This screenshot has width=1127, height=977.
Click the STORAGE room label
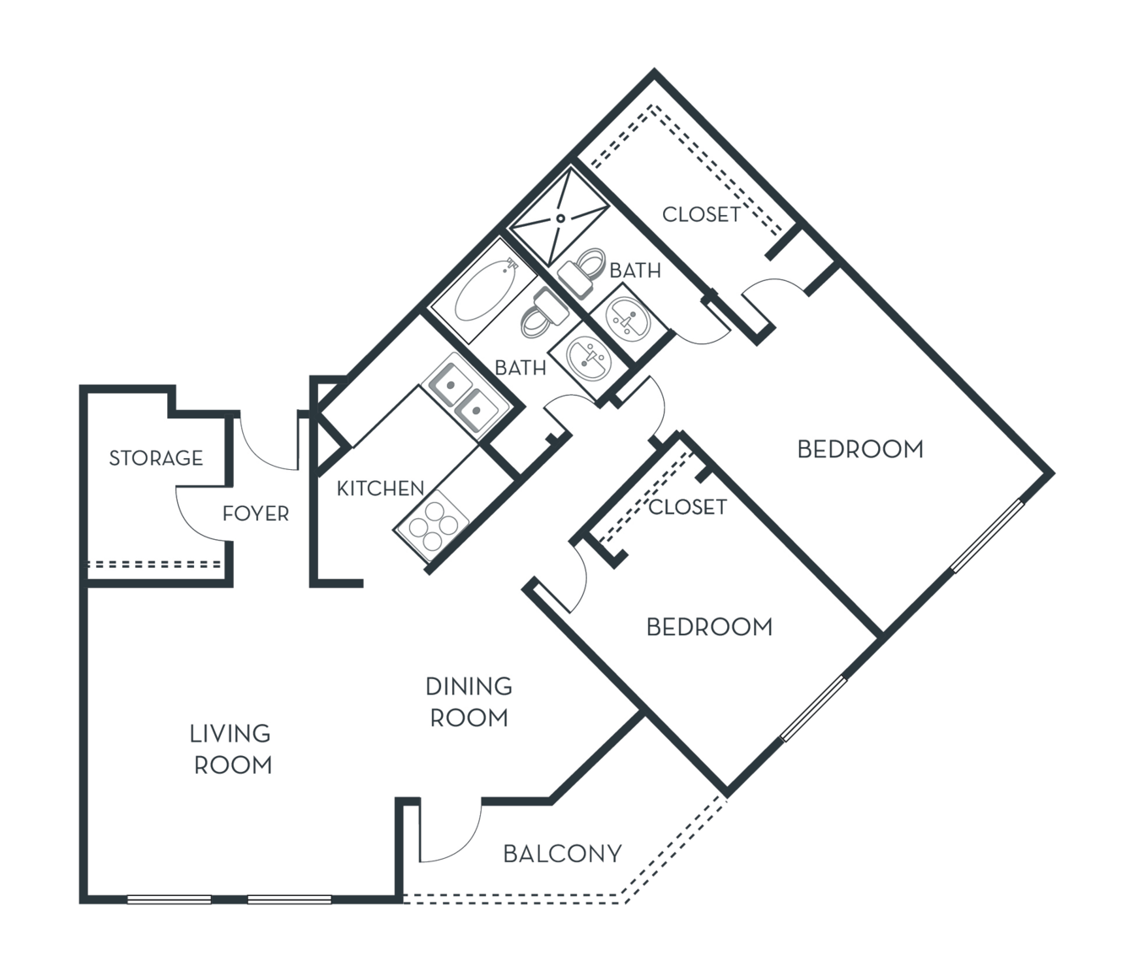point(156,458)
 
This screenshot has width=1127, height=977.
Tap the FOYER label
point(256,514)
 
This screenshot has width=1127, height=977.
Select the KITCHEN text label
point(380,488)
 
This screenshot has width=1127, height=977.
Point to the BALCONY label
point(562,854)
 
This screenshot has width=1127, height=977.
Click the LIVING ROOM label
point(230,749)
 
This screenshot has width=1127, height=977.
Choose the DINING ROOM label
point(469,702)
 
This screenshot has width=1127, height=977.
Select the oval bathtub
point(483,290)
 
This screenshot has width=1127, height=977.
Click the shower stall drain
point(560,219)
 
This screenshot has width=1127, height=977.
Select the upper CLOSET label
point(701,214)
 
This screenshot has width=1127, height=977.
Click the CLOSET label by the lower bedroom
point(688,507)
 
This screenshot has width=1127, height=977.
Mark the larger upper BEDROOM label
point(860,449)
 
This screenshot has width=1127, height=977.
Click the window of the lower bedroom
point(813,710)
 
